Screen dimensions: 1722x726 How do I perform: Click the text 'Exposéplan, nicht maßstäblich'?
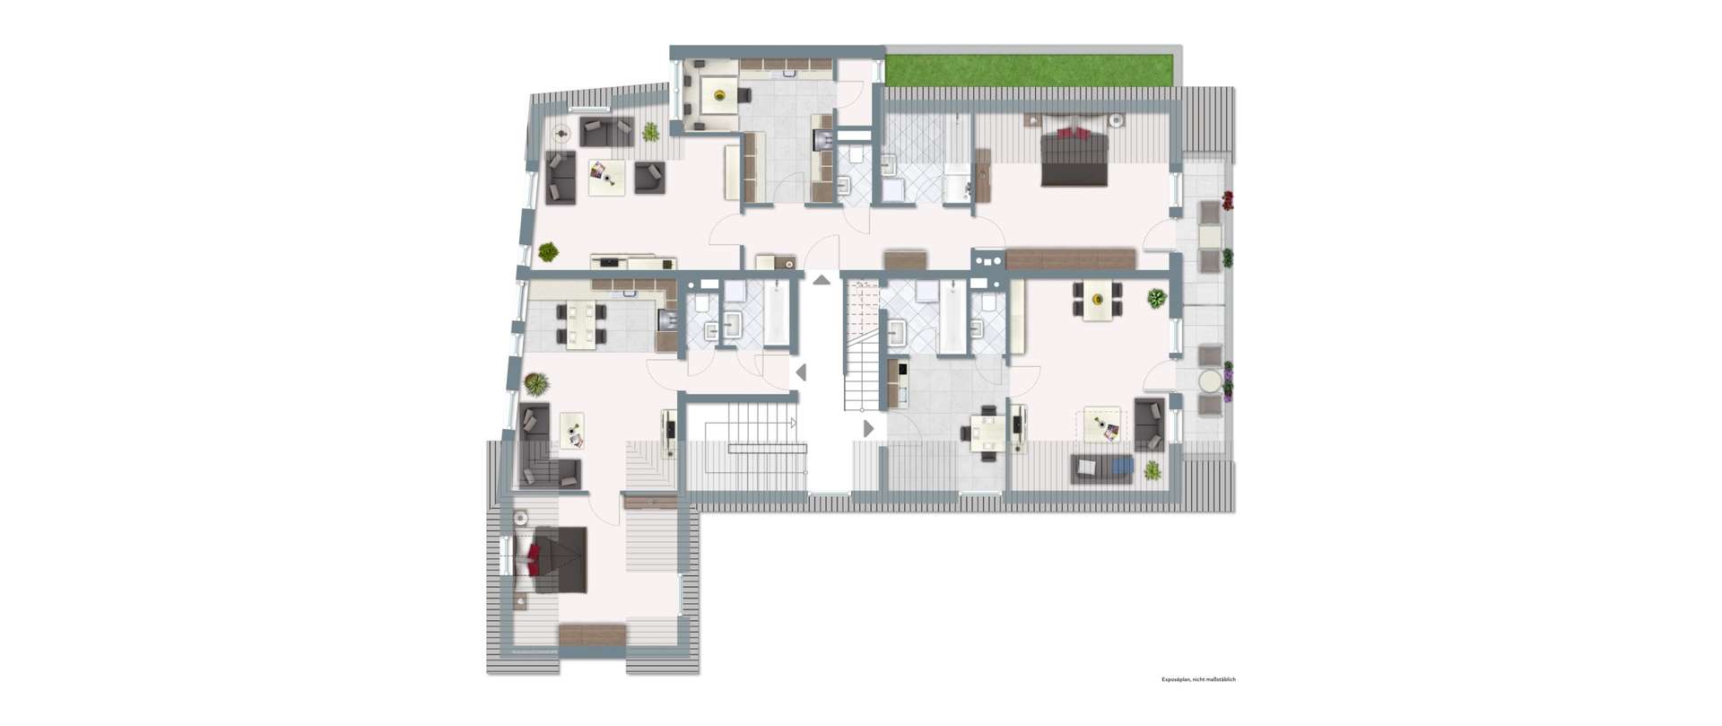(1198, 679)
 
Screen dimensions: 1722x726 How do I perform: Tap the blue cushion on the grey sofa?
(1124, 468)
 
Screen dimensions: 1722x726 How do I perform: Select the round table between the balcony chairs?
(1211, 381)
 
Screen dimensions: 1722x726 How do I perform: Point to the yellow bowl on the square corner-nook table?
(718, 93)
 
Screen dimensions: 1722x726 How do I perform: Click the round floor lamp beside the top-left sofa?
(562, 135)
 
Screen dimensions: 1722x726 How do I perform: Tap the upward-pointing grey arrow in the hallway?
(822, 280)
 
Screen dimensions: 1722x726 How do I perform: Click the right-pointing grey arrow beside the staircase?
(868, 429)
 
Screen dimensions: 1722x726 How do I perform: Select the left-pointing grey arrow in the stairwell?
(801, 372)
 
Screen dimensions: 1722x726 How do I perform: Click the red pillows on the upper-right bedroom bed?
(1074, 133)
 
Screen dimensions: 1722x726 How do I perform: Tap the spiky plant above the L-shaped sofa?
(536, 385)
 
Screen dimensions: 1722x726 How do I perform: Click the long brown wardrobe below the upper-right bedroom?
(1071, 259)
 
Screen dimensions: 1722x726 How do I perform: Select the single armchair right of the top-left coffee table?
(649, 177)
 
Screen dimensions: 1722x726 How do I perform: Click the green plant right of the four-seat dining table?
(1157, 299)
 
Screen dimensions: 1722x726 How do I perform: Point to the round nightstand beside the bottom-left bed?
(519, 518)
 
